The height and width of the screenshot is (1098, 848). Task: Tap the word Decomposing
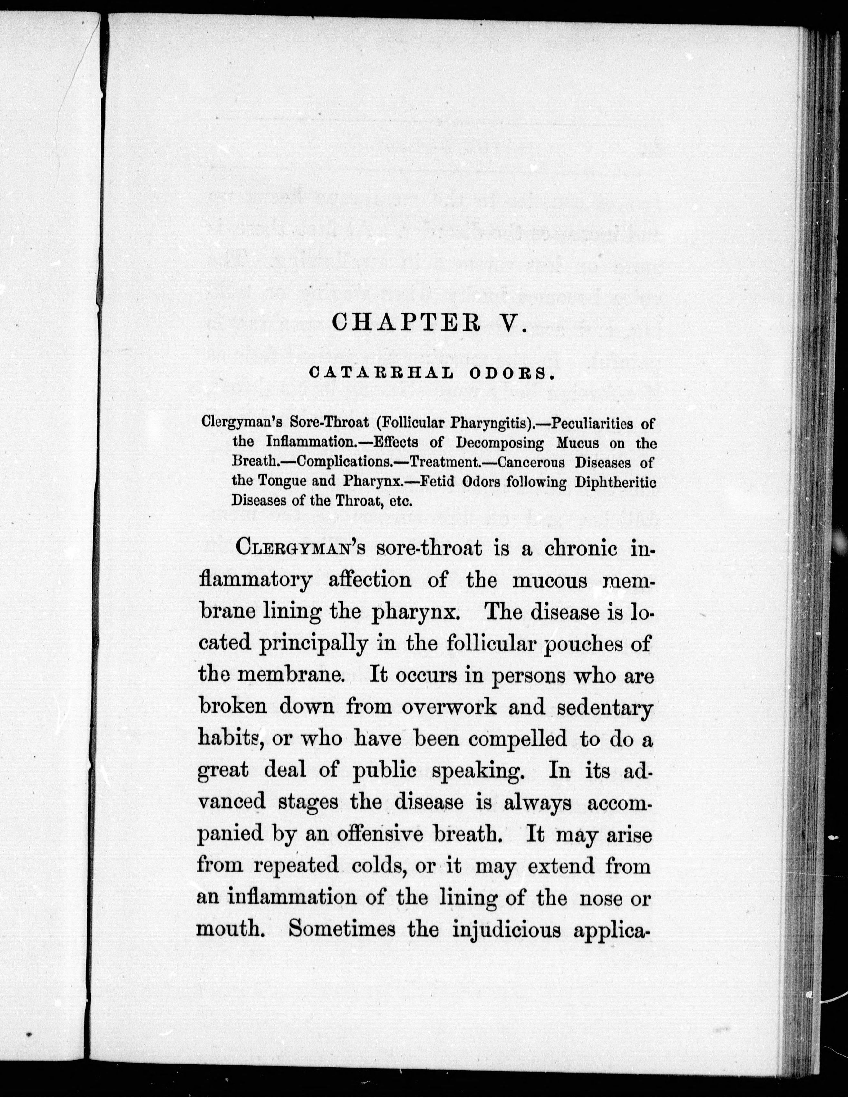pos(499,443)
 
